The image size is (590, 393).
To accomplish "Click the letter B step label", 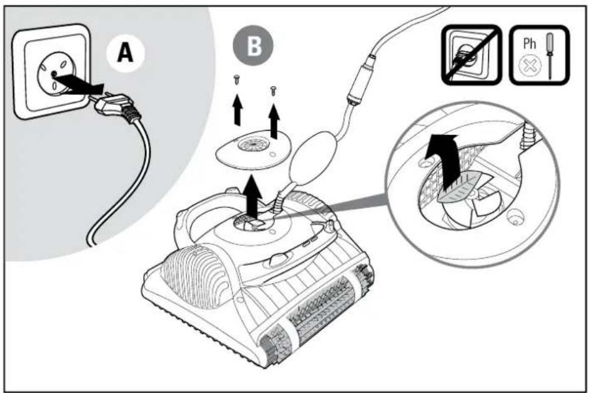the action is (x=253, y=46).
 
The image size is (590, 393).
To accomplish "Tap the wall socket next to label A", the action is (x=51, y=71).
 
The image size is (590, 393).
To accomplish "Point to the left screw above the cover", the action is (x=237, y=80).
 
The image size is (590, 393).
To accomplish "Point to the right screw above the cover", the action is (x=273, y=90).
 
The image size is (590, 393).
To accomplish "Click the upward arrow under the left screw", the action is (x=237, y=109).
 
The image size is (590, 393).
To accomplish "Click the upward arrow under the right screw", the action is (x=274, y=121).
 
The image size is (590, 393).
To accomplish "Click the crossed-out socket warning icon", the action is (x=472, y=55).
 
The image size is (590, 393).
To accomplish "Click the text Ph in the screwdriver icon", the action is (x=529, y=43).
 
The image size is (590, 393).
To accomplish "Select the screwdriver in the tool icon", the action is (x=550, y=55).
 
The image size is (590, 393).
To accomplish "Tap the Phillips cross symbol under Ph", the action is (x=530, y=67).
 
